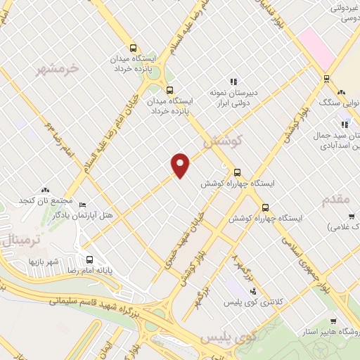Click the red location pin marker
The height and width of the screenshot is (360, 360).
pyautogui.click(x=181, y=165)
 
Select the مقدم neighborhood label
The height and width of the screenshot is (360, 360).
pyautogui.click(x=336, y=200)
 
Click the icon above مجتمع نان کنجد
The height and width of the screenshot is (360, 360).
pyautogui.click(x=46, y=190)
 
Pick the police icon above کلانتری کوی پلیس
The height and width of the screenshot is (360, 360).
pyautogui.click(x=253, y=290)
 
